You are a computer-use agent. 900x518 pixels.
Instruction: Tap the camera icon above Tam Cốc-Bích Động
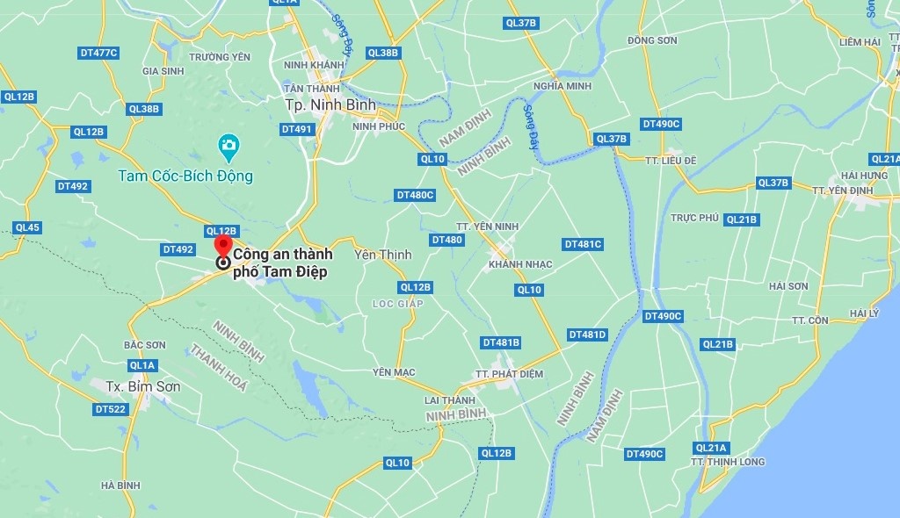229,146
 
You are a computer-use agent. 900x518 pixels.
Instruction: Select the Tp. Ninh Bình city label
330,104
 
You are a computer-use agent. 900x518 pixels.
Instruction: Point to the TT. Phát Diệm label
509,374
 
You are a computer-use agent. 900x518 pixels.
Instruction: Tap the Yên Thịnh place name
382,255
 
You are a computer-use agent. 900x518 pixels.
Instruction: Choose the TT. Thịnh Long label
728,462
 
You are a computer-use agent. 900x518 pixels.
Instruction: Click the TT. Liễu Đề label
670,161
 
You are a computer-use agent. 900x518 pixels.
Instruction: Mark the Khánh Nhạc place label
520,264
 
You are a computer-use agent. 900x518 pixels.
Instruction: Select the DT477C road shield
98,53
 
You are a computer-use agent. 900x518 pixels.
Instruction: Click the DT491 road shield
297,129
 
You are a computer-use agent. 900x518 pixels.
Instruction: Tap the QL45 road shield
27,227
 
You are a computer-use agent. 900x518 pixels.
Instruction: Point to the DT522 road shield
111,409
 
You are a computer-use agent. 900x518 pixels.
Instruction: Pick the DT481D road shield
587,335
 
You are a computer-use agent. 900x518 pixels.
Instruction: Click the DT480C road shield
415,195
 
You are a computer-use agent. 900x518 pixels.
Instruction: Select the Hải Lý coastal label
864,313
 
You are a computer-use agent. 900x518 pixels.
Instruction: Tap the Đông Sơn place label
652,40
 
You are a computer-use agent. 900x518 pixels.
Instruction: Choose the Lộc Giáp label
397,304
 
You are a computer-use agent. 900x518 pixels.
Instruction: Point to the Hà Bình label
120,486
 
